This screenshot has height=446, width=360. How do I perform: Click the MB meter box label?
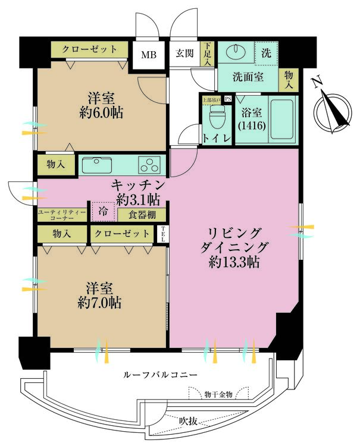click(148, 55)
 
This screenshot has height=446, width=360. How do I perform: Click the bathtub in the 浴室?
click(283, 118)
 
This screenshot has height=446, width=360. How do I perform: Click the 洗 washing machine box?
click(265, 52)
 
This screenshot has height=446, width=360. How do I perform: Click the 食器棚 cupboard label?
click(141, 214)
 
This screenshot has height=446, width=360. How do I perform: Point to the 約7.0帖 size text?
click(99, 302)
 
